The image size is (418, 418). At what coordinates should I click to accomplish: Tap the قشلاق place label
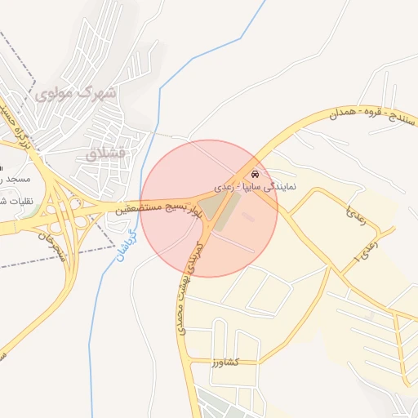coord(105,153)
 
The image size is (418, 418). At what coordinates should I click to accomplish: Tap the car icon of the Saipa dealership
coord(256,174)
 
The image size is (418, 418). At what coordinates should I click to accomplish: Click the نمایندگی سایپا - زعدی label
coord(256,187)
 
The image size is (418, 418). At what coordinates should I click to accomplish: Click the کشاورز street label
coord(222,362)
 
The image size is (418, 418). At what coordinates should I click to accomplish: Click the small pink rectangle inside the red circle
coord(248,217)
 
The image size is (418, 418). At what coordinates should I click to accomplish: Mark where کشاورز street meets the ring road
coord(189,362)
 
